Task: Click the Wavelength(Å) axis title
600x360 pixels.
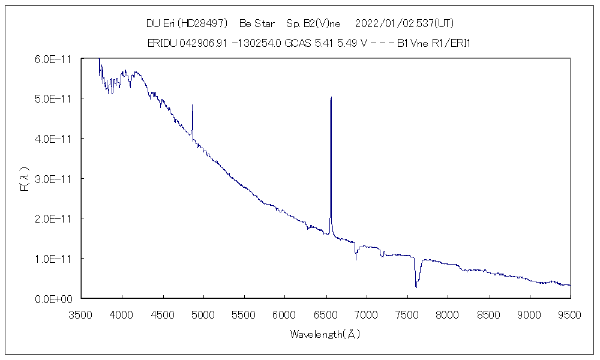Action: (x=325, y=334)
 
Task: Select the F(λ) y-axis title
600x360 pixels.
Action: (x=25, y=179)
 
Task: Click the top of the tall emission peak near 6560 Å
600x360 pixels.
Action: (x=331, y=97)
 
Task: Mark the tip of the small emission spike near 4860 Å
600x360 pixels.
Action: (x=192, y=105)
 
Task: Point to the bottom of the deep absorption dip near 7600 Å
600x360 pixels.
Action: (x=416, y=287)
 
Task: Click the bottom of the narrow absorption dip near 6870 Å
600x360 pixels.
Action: (x=356, y=259)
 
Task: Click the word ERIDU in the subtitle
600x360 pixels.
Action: (x=161, y=43)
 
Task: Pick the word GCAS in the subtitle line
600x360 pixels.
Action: (x=297, y=43)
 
